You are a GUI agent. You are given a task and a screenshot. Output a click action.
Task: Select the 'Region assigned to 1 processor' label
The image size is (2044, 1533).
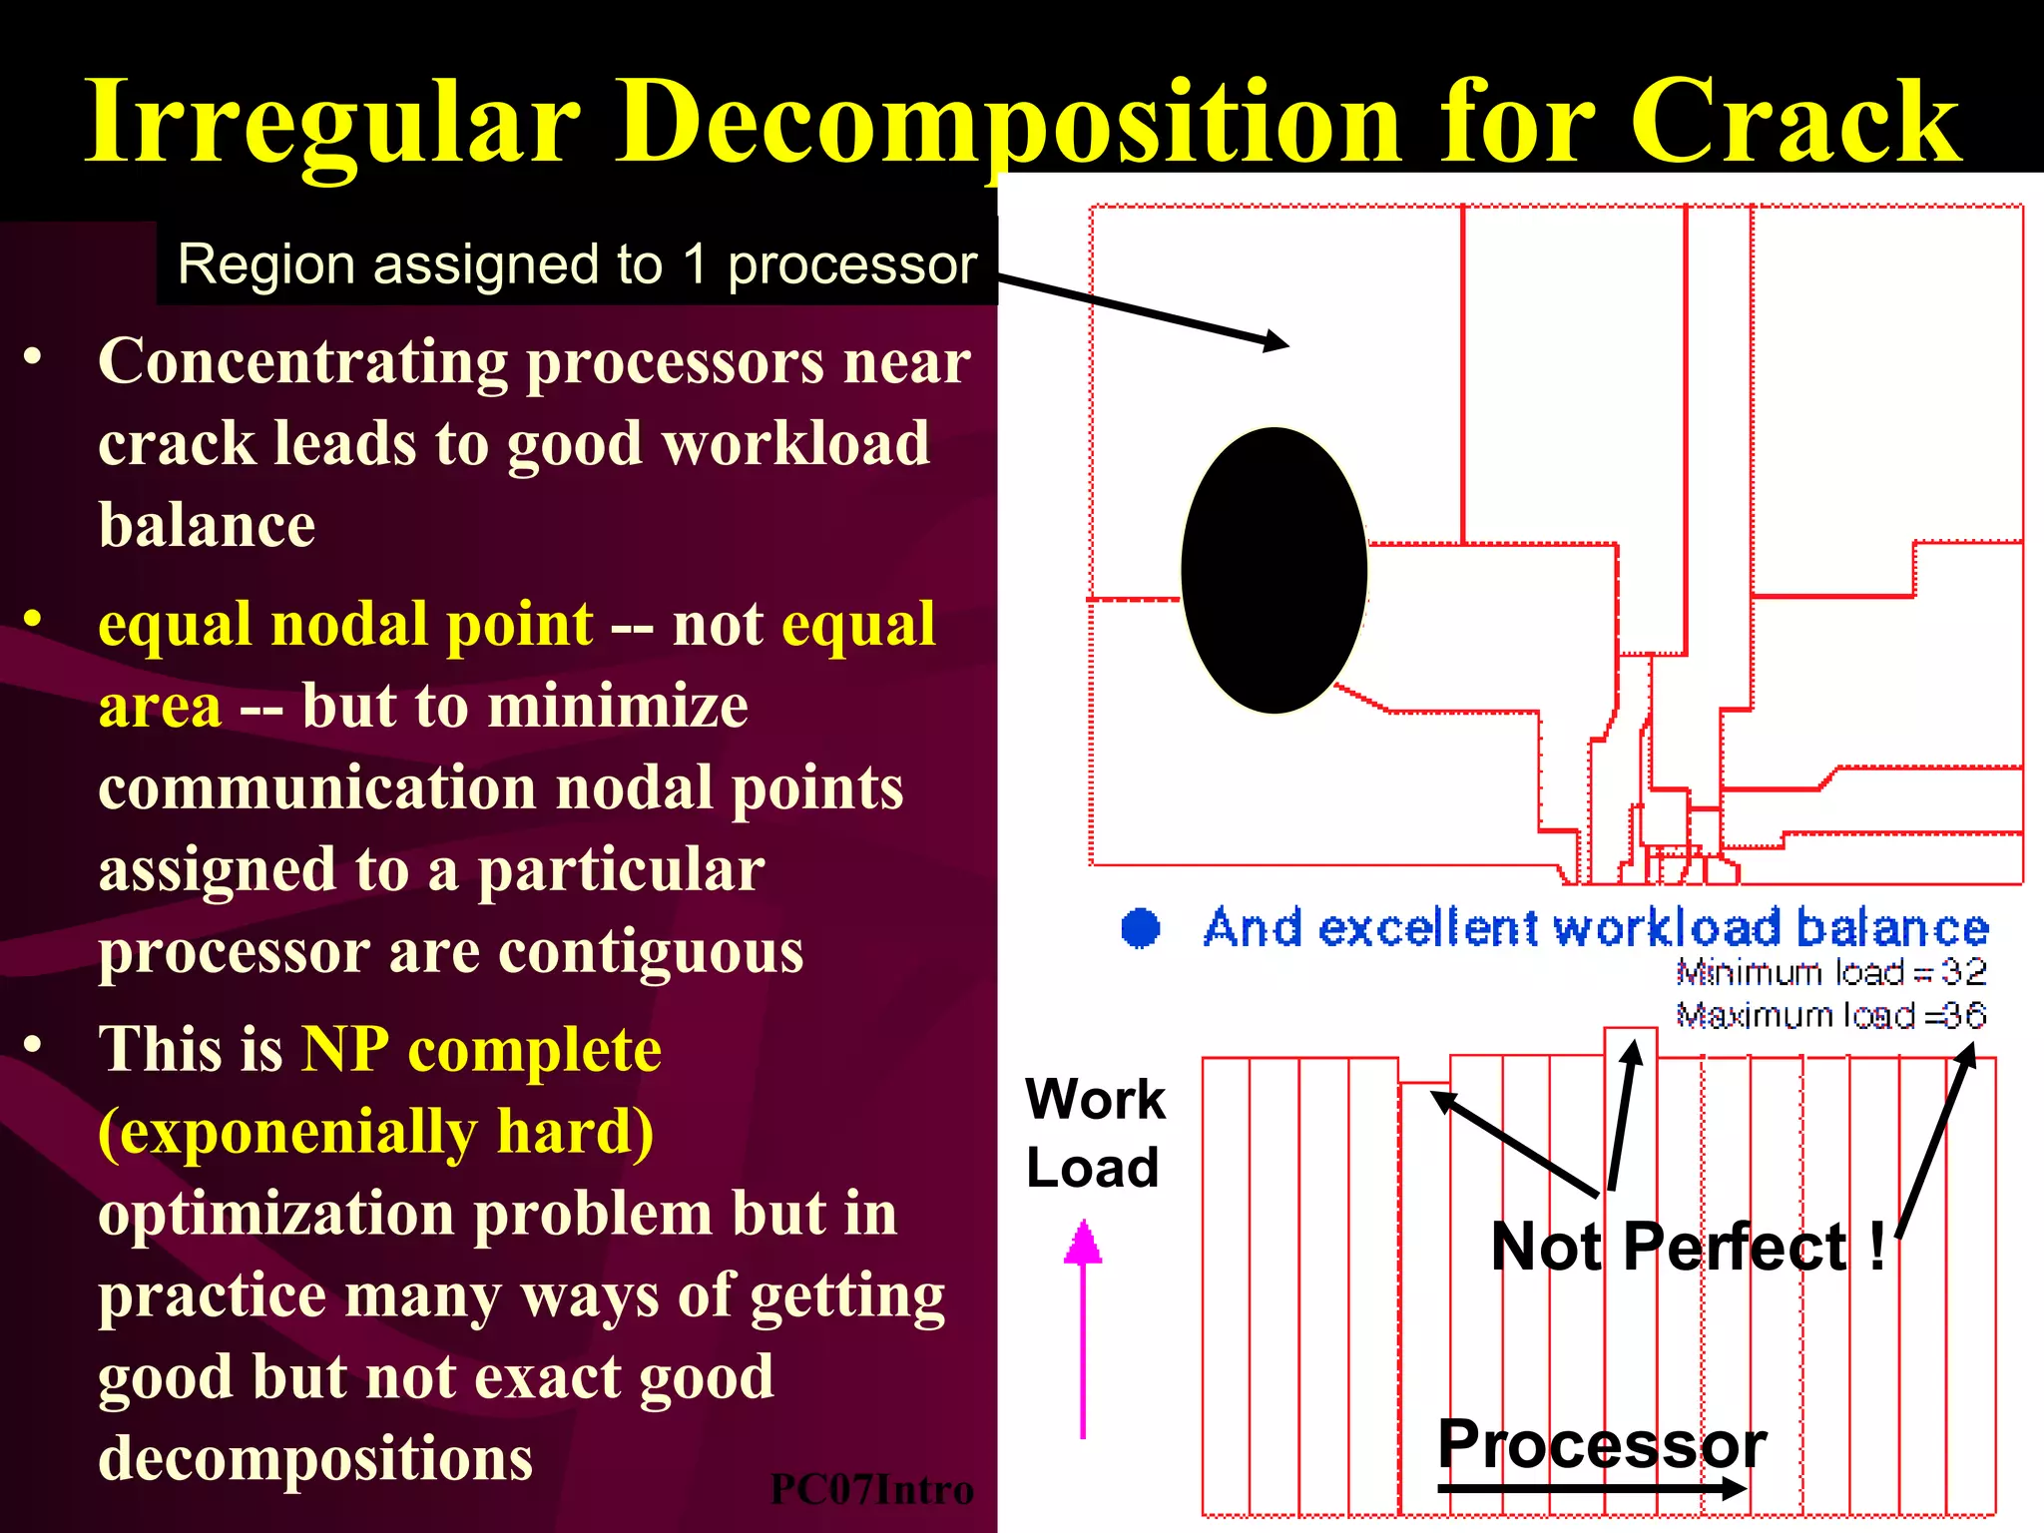click(x=577, y=264)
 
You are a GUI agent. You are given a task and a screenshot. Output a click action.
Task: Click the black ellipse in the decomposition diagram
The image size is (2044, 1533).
click(x=1274, y=570)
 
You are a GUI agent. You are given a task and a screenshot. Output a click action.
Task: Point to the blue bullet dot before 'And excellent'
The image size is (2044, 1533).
click(x=1141, y=927)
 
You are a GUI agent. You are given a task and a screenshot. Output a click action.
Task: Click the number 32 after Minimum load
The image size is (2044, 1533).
click(x=1963, y=971)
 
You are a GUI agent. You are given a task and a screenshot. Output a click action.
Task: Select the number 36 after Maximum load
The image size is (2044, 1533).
click(x=1965, y=1015)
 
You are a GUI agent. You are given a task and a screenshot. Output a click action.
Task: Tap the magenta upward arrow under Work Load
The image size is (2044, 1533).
click(x=1083, y=1327)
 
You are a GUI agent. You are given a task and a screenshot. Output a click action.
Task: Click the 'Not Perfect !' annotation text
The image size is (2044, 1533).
click(x=1688, y=1247)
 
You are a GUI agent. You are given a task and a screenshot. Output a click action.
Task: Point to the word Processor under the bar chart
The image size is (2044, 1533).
click(x=1602, y=1443)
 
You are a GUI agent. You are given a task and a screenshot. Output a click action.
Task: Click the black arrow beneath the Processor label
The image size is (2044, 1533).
click(x=1592, y=1489)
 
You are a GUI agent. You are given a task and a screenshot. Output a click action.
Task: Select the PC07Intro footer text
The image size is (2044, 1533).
click(x=871, y=1489)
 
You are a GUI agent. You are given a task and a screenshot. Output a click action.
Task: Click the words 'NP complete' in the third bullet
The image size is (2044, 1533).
click(x=481, y=1049)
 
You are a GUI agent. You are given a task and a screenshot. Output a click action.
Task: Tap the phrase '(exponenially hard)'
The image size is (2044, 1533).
click(x=376, y=1131)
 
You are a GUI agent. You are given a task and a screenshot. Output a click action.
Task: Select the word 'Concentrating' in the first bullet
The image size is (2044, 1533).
click(x=303, y=360)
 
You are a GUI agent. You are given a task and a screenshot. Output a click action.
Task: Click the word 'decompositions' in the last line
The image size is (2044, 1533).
click(x=315, y=1458)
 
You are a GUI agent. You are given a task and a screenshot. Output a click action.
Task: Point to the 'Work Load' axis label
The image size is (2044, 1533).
click(x=1095, y=1133)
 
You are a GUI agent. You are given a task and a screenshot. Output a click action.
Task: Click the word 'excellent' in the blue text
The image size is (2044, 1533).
click(x=1427, y=928)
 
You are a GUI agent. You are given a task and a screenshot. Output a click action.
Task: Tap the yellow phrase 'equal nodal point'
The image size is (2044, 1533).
click(x=345, y=624)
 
